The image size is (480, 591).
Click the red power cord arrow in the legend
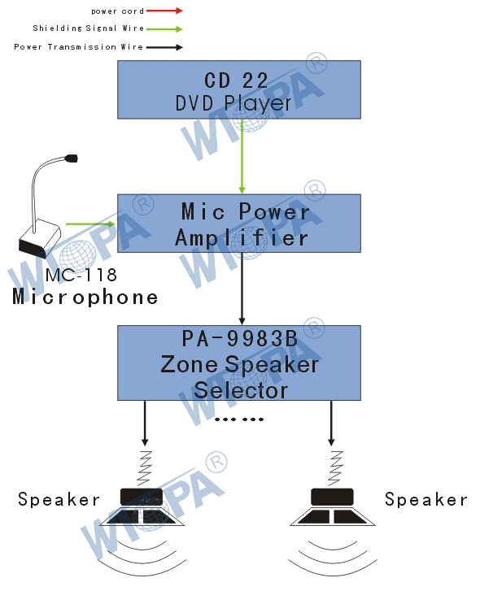pyautogui.click(x=164, y=11)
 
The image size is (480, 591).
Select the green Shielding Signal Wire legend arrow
pyautogui.click(x=164, y=29)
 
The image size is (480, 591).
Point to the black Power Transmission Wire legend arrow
pyautogui.click(x=164, y=47)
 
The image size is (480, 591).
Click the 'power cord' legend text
pyautogui.click(x=118, y=11)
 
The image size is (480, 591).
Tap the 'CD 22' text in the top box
pyautogui.click(x=236, y=80)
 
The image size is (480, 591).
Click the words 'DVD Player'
pyautogui.click(x=233, y=103)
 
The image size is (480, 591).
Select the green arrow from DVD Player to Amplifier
pyautogui.click(x=242, y=156)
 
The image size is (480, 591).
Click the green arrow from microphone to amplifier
pyautogui.click(x=90, y=224)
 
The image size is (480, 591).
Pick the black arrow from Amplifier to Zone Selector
pyautogui.click(x=242, y=289)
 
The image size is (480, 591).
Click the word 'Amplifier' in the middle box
pyautogui.click(x=242, y=238)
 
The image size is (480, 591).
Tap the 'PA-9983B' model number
pyautogui.click(x=240, y=338)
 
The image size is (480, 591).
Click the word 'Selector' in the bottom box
pyautogui.click(x=241, y=390)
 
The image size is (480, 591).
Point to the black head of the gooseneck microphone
pyautogui.click(x=72, y=159)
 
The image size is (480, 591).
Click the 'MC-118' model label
pyautogui.click(x=81, y=275)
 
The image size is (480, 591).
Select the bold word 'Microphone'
pyautogui.click(x=85, y=297)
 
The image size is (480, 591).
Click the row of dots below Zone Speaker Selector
pyautogui.click(x=239, y=419)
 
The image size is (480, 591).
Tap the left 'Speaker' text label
pyautogui.click(x=59, y=500)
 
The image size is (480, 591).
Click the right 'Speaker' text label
pyautogui.click(x=426, y=500)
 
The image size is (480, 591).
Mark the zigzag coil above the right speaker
pyautogui.click(x=334, y=468)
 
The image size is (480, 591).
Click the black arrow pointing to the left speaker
pyautogui.click(x=145, y=424)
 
